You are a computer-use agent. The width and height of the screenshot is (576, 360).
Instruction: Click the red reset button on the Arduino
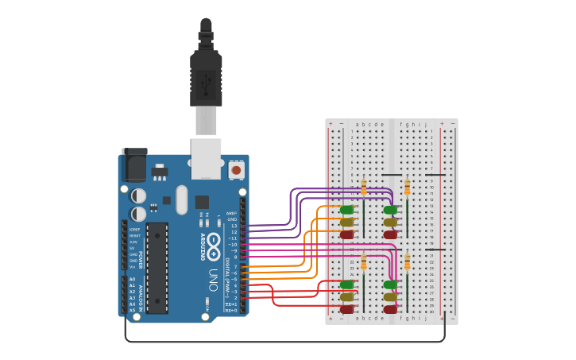tap(236, 169)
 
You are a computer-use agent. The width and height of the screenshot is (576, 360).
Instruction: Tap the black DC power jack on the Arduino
tap(134, 165)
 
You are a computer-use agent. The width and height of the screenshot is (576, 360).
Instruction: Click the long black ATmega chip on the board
tap(157, 267)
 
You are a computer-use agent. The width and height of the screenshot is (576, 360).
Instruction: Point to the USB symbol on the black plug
tap(206, 79)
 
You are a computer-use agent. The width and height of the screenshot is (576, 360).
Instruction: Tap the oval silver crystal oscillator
tap(182, 199)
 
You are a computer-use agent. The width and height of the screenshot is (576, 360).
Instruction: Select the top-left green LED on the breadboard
tap(346, 210)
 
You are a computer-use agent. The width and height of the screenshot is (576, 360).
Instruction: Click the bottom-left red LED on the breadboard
tap(346, 309)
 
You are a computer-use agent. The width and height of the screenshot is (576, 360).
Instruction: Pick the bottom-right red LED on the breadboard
tap(390, 309)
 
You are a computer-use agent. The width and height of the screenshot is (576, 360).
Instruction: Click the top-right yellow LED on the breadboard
tap(390, 223)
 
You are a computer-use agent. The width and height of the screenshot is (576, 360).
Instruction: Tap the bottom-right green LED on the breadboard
tap(390, 285)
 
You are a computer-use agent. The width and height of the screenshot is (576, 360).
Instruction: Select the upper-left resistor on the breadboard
tap(364, 188)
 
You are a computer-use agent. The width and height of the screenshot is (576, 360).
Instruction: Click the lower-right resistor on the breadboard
tap(408, 262)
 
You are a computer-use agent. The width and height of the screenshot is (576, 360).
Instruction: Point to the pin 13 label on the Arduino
tap(234, 226)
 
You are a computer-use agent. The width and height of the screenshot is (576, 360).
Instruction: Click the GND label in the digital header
tap(232, 219)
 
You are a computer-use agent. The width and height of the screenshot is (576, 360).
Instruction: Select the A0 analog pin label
tap(133, 279)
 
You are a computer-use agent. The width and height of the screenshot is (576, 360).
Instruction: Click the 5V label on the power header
tap(133, 248)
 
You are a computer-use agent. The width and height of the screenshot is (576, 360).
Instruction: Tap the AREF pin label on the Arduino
tap(231, 213)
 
